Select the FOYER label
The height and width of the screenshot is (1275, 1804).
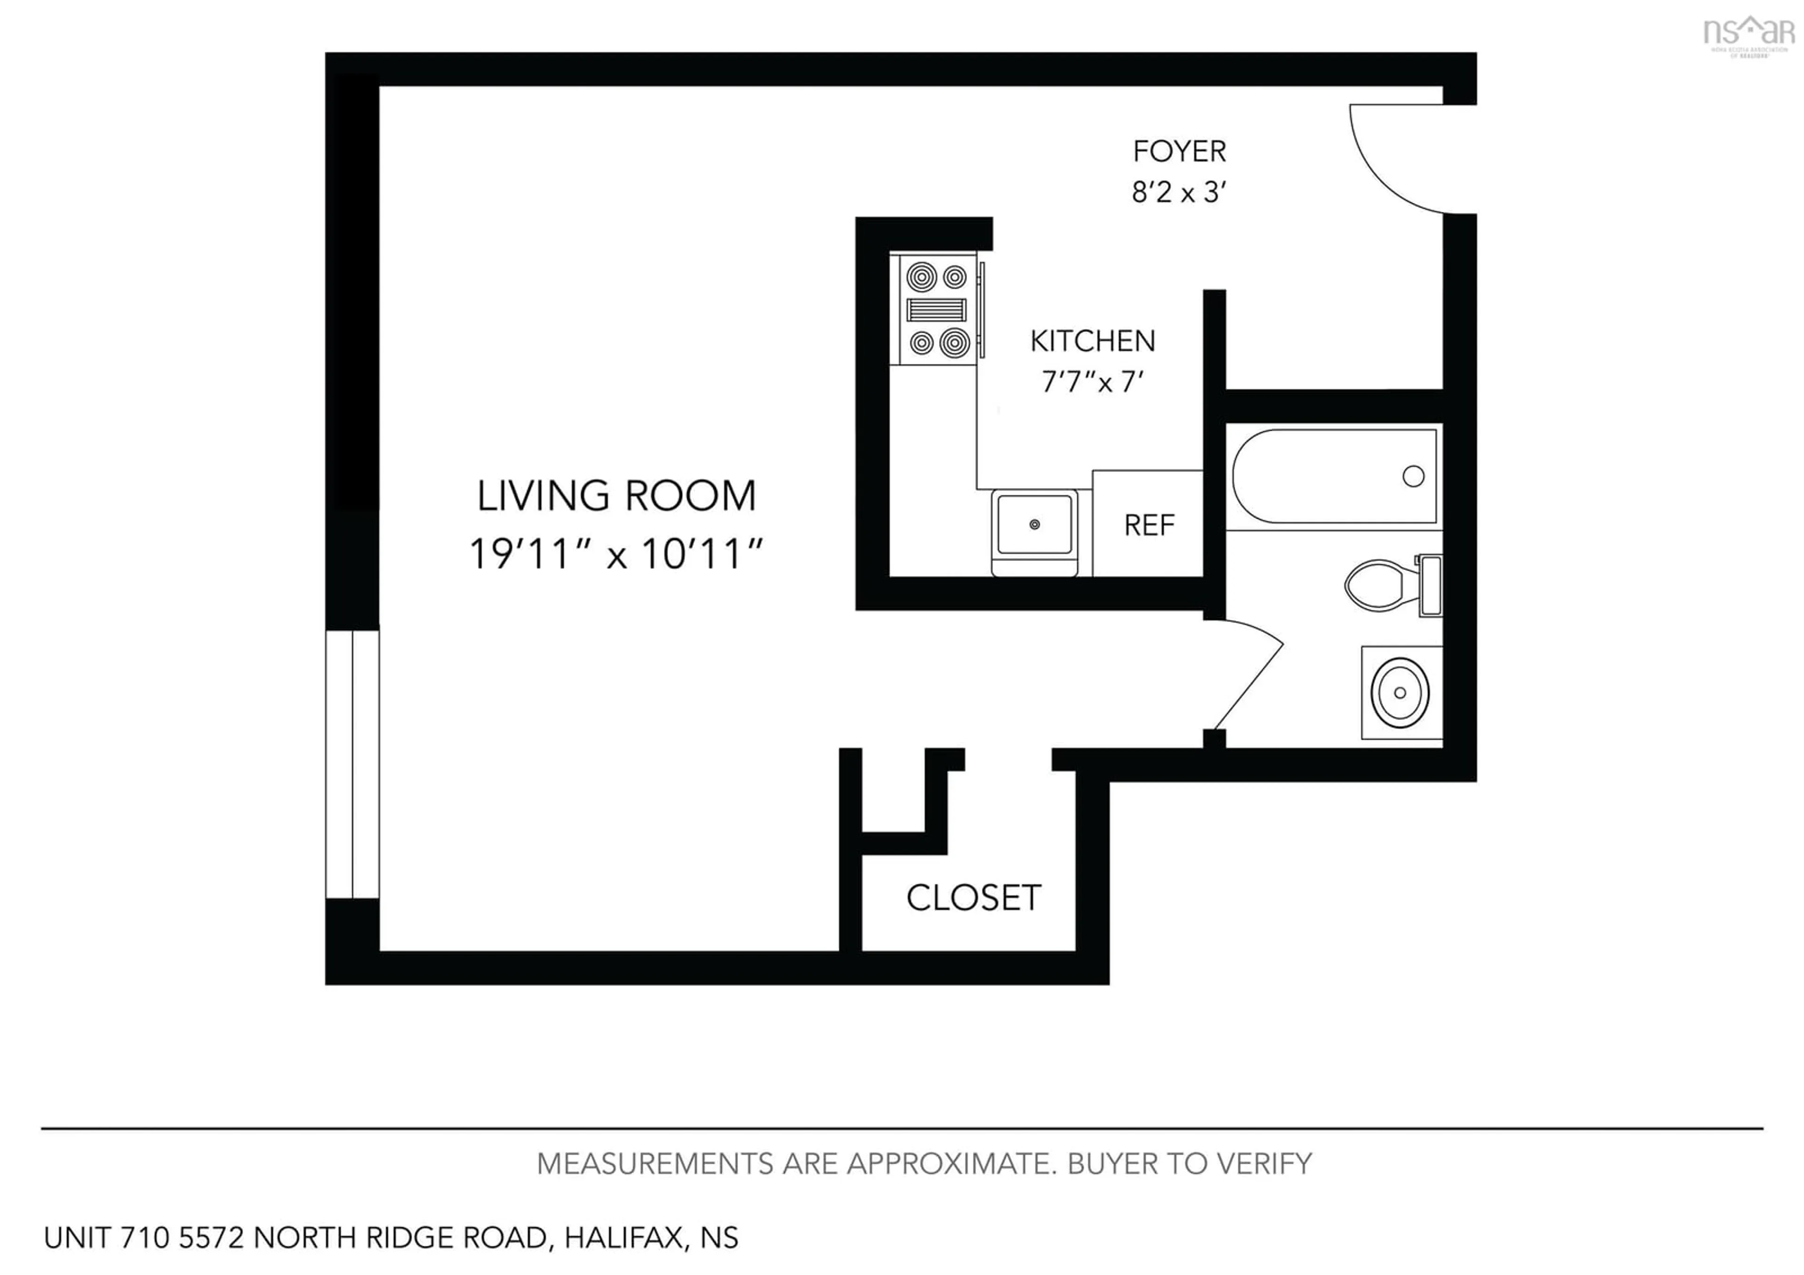coord(1179,151)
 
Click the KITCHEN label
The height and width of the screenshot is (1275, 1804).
coord(1092,341)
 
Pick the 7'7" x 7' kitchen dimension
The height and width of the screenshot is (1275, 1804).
coord(1092,382)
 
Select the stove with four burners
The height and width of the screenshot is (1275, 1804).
coord(937,310)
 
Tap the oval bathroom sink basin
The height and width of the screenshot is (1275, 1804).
coord(1400,692)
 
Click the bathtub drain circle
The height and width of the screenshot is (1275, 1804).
coord(1413,476)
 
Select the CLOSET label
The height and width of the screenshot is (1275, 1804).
coord(973,898)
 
